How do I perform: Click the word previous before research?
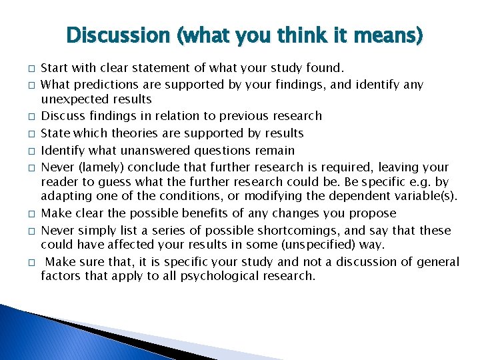point(257,116)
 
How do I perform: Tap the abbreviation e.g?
point(420,181)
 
